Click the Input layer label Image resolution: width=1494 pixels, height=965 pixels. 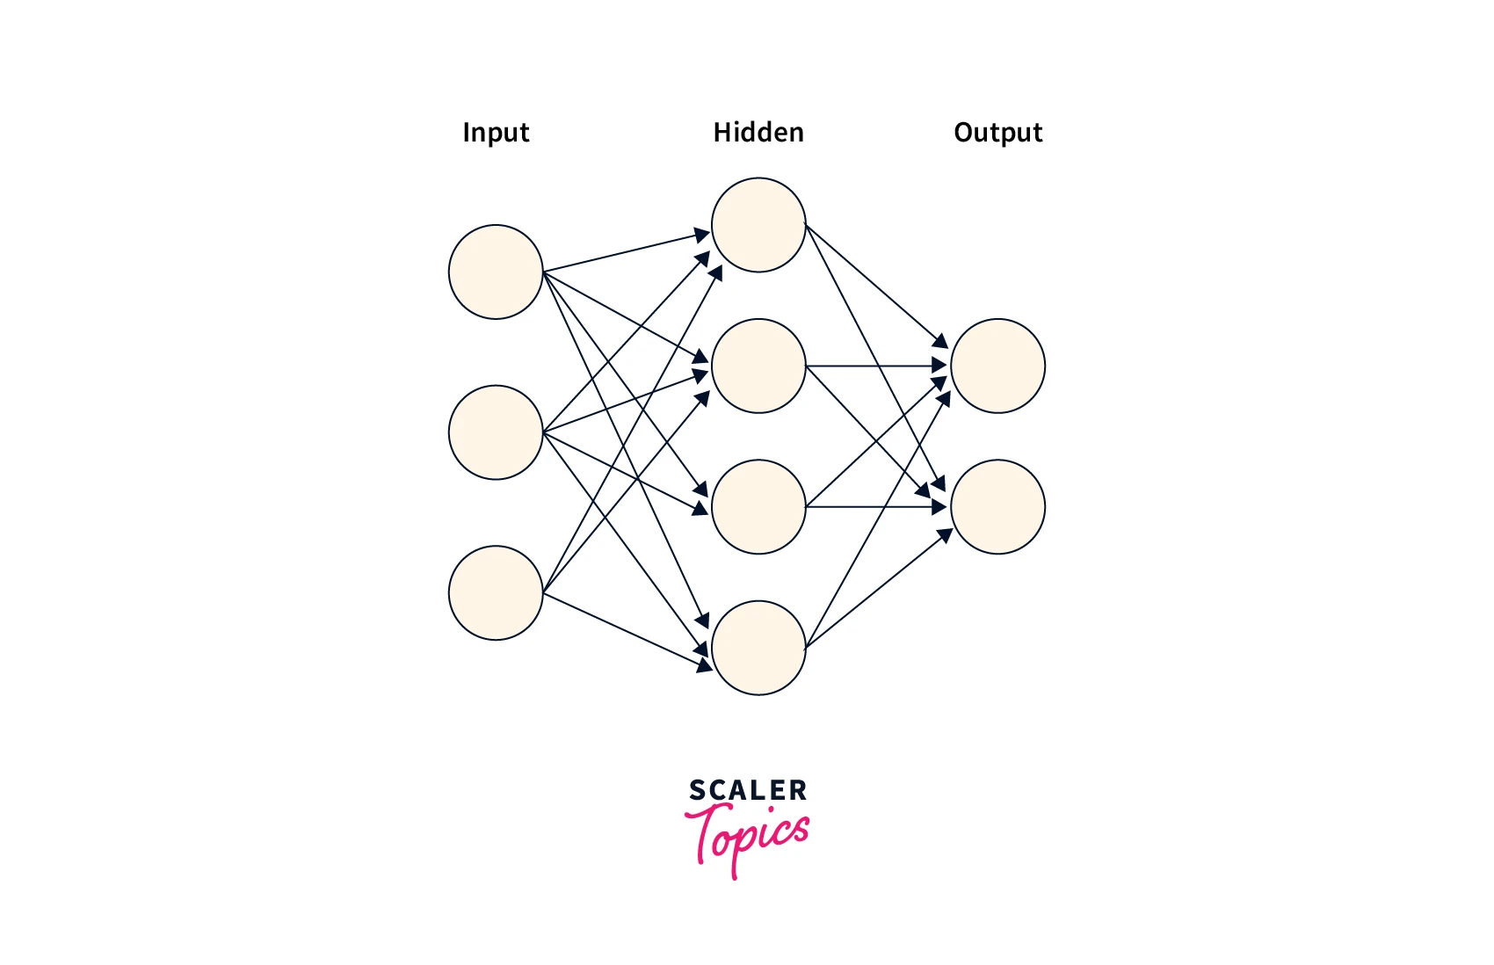tap(496, 133)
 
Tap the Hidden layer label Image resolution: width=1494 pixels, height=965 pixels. tap(758, 133)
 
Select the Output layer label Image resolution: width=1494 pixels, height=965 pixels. tap(997, 133)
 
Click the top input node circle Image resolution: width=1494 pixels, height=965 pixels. tap(496, 272)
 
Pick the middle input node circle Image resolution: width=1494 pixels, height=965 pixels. tap(496, 432)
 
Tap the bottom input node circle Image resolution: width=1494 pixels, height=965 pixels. tap(496, 593)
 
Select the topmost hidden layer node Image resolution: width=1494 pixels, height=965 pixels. tap(758, 225)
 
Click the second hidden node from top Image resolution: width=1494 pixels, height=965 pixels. tap(758, 366)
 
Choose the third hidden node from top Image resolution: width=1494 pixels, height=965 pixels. tap(758, 507)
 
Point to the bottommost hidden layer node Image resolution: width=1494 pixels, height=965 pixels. tap(758, 648)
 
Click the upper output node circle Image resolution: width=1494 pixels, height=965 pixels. tap(997, 366)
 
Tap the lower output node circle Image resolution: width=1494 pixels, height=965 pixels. tap(997, 507)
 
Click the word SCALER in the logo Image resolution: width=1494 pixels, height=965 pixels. tap(747, 790)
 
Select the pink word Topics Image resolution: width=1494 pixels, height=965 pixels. tap(747, 837)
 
